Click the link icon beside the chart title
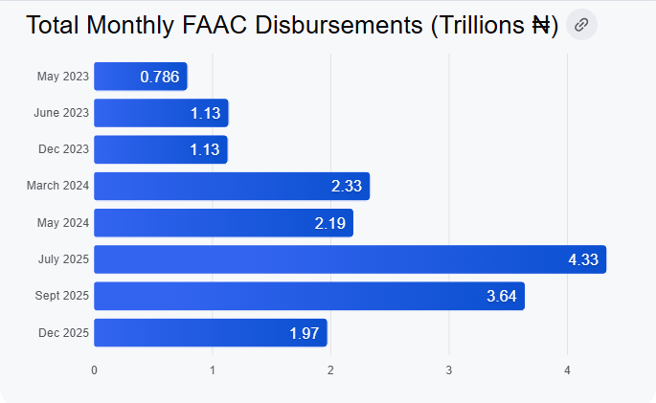point(581,25)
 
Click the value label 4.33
point(583,259)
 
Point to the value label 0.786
point(160,77)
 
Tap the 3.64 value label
point(501,296)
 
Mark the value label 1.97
point(305,333)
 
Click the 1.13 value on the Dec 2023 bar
point(205,149)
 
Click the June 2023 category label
point(61,113)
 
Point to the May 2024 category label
point(64,223)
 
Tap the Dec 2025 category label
point(64,333)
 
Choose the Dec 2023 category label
point(64,149)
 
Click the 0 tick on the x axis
point(94,369)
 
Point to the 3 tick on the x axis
point(449,369)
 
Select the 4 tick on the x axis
point(567,369)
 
